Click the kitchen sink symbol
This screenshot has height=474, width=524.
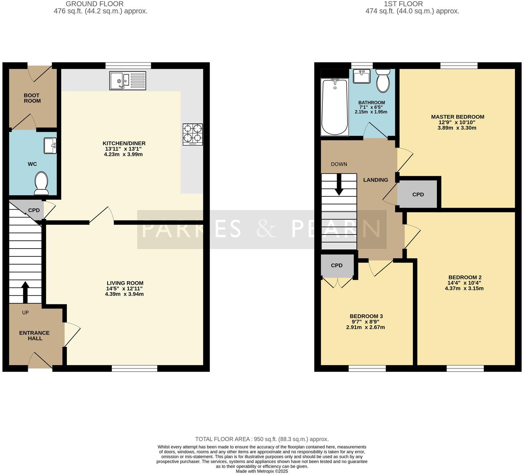(128, 81)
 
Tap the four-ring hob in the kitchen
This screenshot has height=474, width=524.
(193, 134)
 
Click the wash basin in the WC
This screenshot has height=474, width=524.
(50, 146)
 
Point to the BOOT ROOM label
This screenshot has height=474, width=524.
(32, 98)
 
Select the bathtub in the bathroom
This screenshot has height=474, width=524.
(335, 107)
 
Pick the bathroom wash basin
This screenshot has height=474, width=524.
(362, 76)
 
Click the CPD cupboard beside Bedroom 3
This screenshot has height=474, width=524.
(337, 266)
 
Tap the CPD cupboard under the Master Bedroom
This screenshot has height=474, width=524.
(418, 195)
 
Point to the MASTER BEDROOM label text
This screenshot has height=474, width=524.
(458, 117)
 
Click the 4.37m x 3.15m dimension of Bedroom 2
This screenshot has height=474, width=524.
(464, 288)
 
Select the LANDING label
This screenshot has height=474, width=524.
(376, 180)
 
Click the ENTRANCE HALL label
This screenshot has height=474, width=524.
(34, 336)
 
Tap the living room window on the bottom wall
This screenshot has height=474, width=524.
(134, 368)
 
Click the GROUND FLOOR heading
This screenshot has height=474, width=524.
(95, 4)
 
